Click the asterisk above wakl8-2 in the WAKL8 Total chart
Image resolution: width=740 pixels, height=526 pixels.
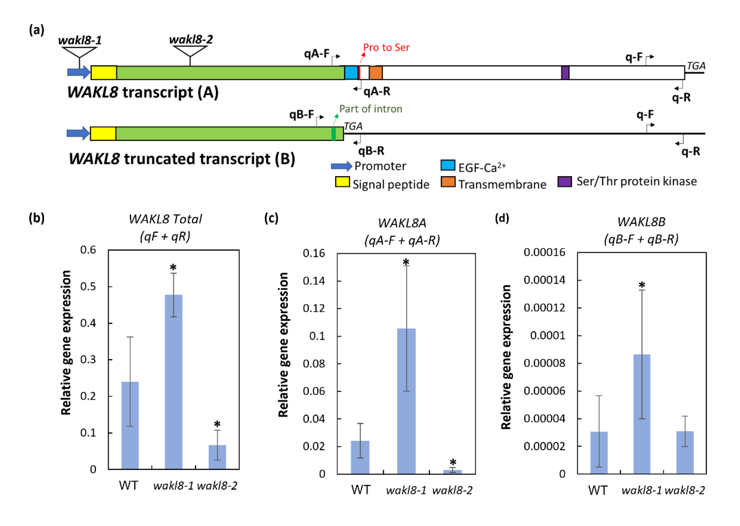point(217,424)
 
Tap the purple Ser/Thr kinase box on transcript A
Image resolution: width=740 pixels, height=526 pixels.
point(565,73)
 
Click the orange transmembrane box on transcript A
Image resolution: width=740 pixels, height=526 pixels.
point(376,73)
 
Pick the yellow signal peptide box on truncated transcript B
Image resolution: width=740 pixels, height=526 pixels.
point(103,133)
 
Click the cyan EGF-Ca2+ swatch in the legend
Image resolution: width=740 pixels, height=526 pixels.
point(448,165)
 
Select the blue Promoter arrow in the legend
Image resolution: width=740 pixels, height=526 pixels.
point(341,166)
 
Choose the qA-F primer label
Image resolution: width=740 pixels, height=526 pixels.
point(316,53)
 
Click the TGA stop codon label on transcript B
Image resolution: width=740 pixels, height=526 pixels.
point(353,126)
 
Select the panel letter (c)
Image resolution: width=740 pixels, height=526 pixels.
point(271,218)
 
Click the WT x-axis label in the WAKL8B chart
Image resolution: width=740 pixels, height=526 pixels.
point(598,490)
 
